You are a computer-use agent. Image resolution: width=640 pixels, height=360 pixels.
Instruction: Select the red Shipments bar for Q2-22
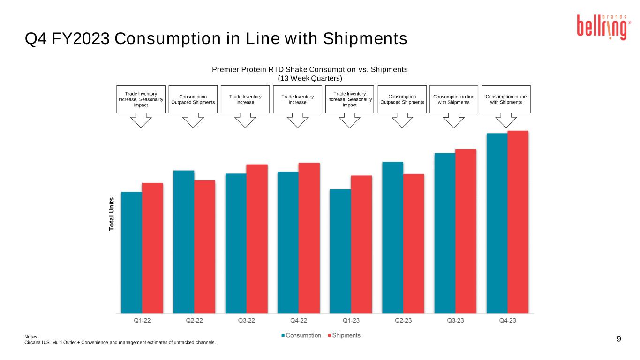coord(205,247)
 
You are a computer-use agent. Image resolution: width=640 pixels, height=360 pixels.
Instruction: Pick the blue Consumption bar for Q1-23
coord(340,251)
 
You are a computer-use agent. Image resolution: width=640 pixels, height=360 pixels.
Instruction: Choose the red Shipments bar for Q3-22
coord(257,239)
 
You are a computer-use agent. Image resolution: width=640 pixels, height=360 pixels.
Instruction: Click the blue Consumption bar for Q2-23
coord(393,237)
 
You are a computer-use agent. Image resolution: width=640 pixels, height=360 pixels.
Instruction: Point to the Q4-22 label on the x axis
coord(299,321)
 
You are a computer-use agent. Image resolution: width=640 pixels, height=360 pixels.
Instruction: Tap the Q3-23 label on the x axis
coord(455,321)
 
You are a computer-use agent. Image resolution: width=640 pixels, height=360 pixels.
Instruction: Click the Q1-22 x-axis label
coord(142,321)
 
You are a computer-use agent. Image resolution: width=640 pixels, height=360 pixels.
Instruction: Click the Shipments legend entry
coord(346,335)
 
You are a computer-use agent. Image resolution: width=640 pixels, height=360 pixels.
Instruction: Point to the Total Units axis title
coord(112,213)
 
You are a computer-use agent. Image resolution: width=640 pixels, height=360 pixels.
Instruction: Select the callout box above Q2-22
coord(193,99)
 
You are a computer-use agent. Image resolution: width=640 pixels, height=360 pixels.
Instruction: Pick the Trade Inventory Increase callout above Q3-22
coord(245,99)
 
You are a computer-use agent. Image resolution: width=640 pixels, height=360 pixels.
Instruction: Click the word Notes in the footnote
coord(31,337)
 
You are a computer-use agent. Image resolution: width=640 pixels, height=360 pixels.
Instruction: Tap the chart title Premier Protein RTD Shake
coord(310,69)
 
